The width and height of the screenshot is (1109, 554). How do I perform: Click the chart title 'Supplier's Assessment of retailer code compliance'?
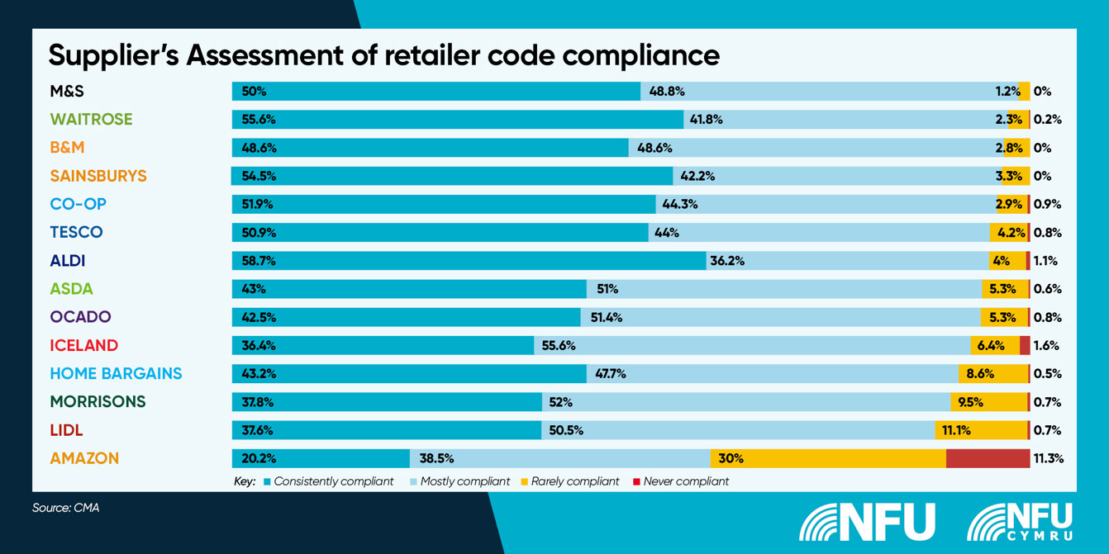point(383,55)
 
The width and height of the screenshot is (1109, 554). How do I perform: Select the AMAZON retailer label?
point(84,458)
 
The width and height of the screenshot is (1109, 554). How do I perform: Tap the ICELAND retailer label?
point(83,345)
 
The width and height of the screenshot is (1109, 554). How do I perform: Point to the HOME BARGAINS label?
point(116,373)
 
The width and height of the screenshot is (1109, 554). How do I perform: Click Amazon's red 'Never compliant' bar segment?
point(988,458)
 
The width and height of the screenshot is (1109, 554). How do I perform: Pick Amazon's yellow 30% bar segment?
point(827,458)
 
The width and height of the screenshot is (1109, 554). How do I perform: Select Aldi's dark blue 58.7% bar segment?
point(469,261)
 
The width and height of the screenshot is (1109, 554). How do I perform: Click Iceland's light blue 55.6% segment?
point(777,345)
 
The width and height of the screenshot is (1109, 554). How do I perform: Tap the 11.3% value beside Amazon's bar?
point(1047,458)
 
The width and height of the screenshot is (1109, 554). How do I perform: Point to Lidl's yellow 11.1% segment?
point(981,430)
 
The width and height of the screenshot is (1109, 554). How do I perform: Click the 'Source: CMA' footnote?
point(66,509)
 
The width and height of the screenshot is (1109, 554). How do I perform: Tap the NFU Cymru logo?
point(1020,521)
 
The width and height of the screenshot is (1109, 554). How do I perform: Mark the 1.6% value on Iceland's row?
point(1046,345)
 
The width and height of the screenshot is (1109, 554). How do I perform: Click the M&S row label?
point(68,92)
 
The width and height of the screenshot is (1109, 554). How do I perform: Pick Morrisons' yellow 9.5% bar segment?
point(988,402)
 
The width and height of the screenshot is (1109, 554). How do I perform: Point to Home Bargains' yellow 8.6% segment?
point(992,373)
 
